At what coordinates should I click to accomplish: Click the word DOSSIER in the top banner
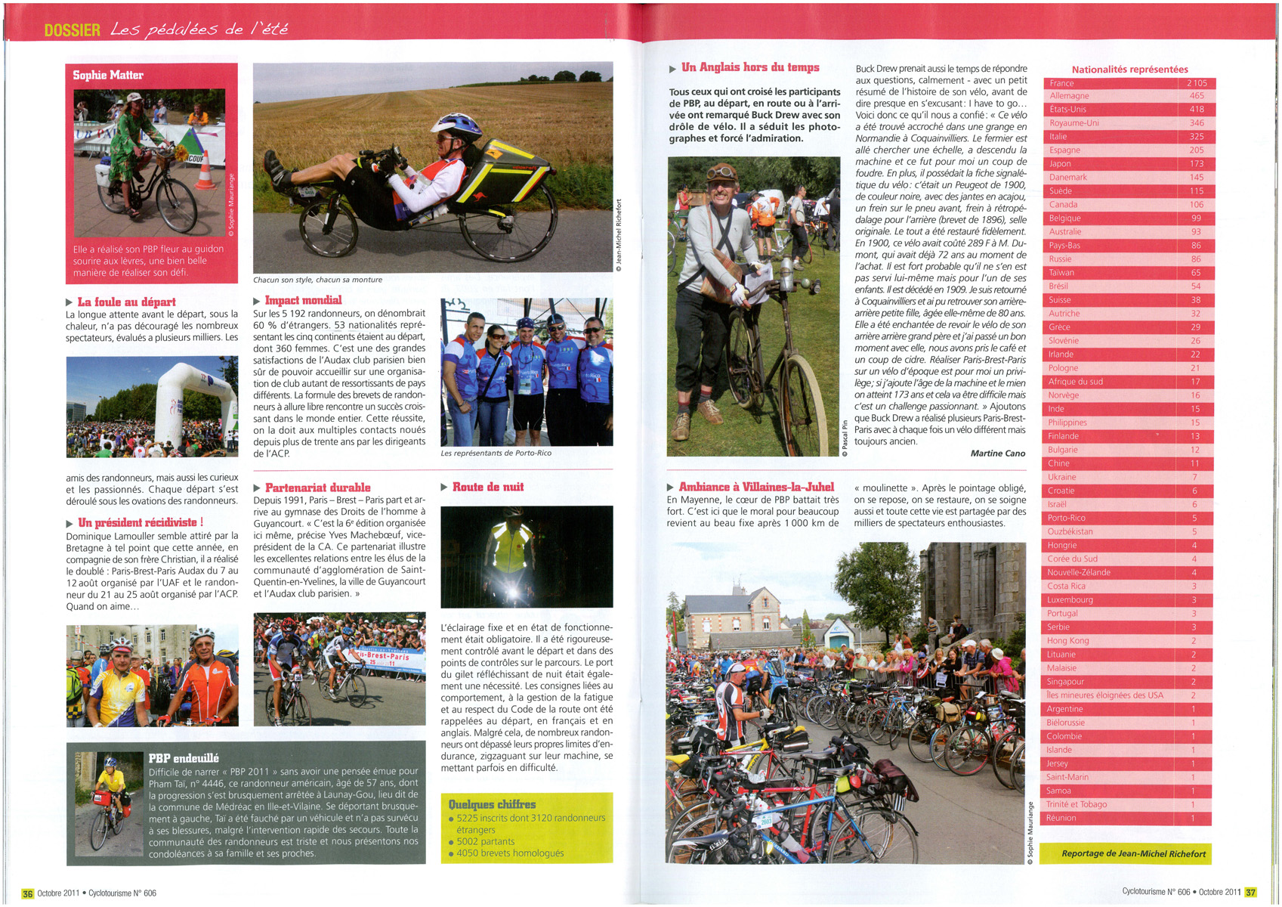tap(72, 30)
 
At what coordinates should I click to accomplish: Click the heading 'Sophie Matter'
tap(108, 75)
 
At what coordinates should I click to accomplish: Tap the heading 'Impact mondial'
tap(303, 300)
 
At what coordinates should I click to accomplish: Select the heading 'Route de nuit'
tap(487, 487)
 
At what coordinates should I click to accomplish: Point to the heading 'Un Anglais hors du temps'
tap(749, 67)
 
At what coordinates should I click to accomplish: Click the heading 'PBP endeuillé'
tap(184, 758)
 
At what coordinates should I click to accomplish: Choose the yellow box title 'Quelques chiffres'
tap(492, 804)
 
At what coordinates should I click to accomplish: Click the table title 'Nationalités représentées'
tap(1129, 70)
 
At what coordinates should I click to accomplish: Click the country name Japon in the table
tap(1060, 164)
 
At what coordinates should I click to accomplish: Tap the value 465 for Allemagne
tap(1197, 96)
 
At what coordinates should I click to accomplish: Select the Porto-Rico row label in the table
tap(1066, 519)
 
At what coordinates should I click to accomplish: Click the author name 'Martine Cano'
tap(997, 453)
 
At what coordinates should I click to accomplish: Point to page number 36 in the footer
tap(28, 893)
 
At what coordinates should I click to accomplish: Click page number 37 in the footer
tap(1250, 892)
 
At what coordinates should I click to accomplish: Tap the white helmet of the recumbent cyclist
tap(446, 122)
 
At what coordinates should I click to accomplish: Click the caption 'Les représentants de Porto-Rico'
tap(496, 453)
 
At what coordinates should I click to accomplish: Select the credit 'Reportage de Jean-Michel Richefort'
tap(1133, 853)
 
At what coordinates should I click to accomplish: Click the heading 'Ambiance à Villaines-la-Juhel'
tap(756, 487)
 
